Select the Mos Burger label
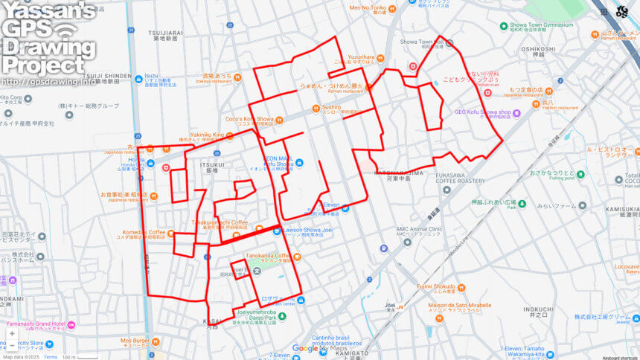click(135, 340)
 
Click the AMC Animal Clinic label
click(419, 229)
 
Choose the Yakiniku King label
click(207, 135)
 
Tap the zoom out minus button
click(12, 345)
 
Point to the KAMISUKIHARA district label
click(621, 209)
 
